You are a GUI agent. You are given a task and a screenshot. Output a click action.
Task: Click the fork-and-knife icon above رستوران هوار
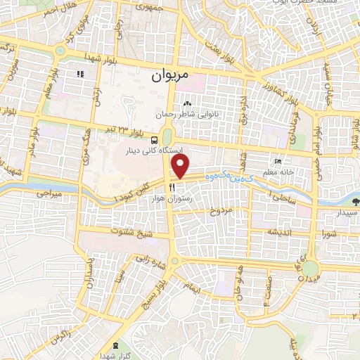tap(172, 188)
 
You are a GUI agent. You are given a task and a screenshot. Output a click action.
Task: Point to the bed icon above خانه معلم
tap(278, 162)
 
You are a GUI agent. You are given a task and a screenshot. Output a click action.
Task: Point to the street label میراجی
tap(49, 193)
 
